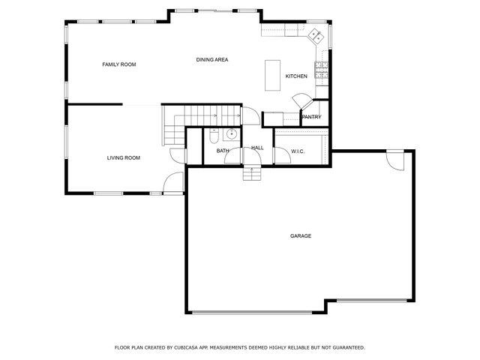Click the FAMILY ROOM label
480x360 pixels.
(119, 64)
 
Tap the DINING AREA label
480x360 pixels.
(212, 60)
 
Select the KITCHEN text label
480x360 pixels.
(296, 76)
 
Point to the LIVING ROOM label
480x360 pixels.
(124, 158)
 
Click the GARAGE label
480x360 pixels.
(301, 235)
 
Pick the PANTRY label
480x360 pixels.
(312, 117)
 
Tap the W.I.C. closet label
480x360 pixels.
(298, 151)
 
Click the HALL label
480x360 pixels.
(257, 148)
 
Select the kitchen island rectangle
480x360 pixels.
(272, 75)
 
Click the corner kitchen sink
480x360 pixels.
(316, 35)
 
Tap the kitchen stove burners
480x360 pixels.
(322, 70)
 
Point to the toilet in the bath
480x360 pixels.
(214, 136)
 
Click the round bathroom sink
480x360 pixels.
(231, 133)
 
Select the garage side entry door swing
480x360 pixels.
(395, 160)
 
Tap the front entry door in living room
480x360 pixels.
(173, 183)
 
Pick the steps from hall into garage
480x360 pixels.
(252, 173)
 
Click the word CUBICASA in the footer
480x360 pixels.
(187, 348)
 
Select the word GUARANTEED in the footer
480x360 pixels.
(349, 348)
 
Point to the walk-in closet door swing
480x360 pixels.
(282, 155)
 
